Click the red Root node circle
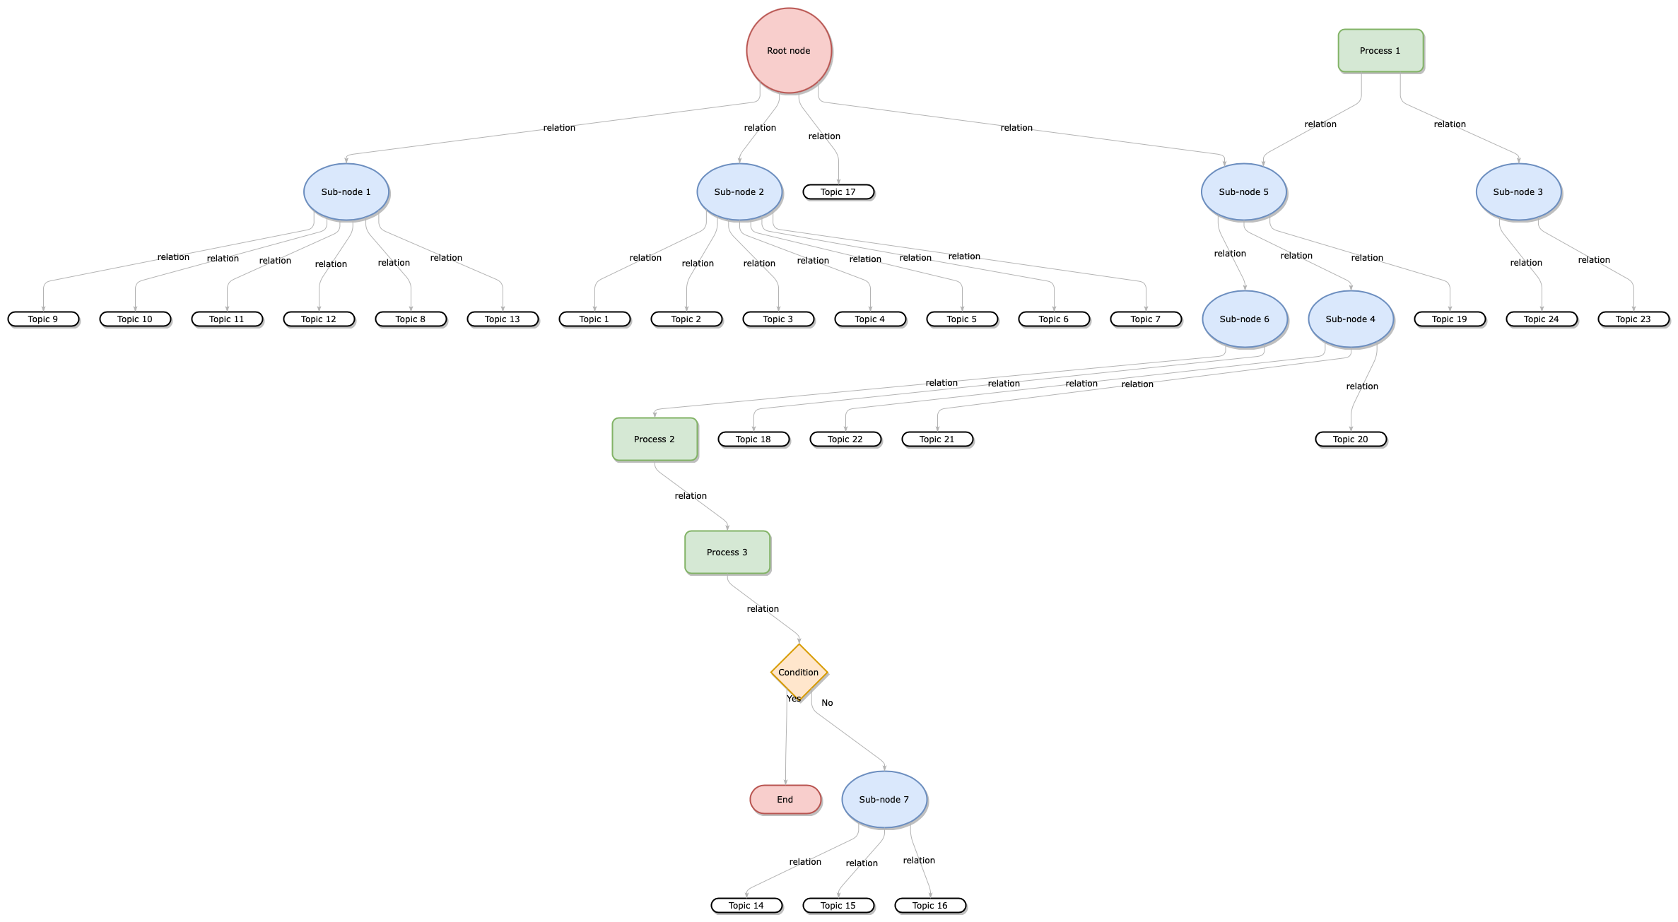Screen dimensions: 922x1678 pos(789,51)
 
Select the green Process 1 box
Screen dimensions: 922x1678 pos(1380,51)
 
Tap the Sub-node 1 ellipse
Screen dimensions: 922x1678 pos(346,192)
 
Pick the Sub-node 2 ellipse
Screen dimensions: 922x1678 pos(739,192)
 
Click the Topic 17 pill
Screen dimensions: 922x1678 pos(838,192)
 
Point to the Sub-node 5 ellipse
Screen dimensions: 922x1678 pos(1243,192)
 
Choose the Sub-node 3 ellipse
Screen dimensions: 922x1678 pos(1518,192)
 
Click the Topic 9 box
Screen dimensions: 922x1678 pos(43,319)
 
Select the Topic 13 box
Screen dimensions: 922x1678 pos(503,319)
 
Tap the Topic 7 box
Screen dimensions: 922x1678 pos(1146,319)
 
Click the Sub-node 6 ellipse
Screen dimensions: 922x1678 pos(1245,319)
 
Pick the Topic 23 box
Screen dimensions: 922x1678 pos(1633,319)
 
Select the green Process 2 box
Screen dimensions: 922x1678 pos(655,439)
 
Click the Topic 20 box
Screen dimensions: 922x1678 pos(1351,439)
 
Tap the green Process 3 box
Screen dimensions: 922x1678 pos(727,552)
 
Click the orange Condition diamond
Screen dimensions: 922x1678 pos(799,672)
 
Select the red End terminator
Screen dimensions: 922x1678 pos(785,800)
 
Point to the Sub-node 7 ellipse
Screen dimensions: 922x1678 pos(884,800)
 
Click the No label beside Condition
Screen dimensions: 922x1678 pos(827,703)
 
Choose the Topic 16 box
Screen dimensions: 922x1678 pos(930,906)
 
